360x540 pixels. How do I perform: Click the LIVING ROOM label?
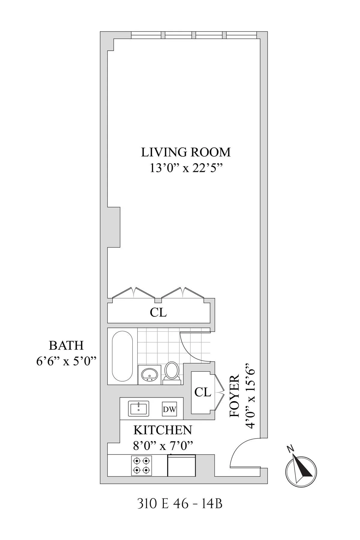186,152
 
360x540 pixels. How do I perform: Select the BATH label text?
66,346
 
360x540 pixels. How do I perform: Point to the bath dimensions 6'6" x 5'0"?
66,361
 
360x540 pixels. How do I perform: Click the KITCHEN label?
162,430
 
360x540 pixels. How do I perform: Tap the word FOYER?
234,396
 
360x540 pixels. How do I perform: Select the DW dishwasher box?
169,409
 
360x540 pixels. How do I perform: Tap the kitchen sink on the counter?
139,409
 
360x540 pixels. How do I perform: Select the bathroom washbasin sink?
149,374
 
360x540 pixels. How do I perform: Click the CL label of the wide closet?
158,313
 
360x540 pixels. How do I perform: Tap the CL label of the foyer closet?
202,392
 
